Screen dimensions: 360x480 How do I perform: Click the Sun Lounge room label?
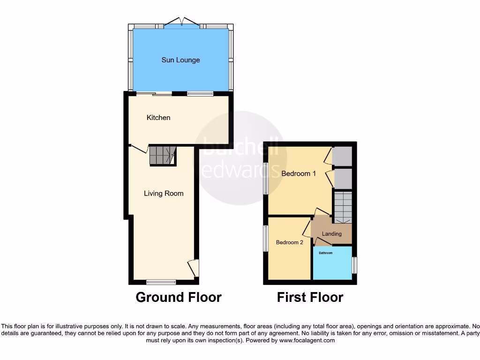click(180, 60)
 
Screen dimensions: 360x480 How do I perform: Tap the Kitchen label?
click(158, 118)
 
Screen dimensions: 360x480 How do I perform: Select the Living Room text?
click(164, 193)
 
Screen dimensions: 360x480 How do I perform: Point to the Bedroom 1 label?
click(299, 173)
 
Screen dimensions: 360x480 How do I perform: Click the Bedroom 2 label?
click(289, 242)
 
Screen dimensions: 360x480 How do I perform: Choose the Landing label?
click(332, 234)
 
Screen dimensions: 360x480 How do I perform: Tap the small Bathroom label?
click(326, 253)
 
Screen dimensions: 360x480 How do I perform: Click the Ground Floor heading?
click(179, 297)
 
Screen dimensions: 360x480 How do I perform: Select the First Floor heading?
click(310, 297)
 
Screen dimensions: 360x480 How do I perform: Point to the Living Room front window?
click(161, 282)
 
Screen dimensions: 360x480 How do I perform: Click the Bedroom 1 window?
click(265, 178)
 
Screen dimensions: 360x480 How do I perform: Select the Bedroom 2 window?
click(265, 238)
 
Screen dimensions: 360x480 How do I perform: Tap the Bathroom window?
click(354, 265)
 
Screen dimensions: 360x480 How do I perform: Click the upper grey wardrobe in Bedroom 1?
click(342, 156)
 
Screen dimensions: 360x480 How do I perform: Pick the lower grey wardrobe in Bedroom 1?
click(342, 178)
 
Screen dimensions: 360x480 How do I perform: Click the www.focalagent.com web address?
click(307, 341)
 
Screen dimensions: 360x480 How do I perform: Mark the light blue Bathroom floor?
click(332, 266)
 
